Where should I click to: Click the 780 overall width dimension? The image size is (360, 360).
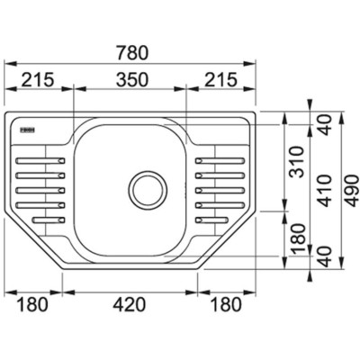point(132,52)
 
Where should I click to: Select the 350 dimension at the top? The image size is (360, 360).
point(132,79)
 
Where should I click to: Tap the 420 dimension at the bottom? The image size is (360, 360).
point(130,304)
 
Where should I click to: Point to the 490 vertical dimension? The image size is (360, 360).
point(352,191)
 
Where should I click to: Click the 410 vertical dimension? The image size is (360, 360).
point(325,191)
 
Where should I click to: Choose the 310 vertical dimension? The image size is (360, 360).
point(298,162)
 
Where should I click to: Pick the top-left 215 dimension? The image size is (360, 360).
point(38,79)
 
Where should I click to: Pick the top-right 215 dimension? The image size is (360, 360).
point(220,79)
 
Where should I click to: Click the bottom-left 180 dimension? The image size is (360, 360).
point(31,304)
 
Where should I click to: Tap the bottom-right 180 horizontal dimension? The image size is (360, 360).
point(225,304)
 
